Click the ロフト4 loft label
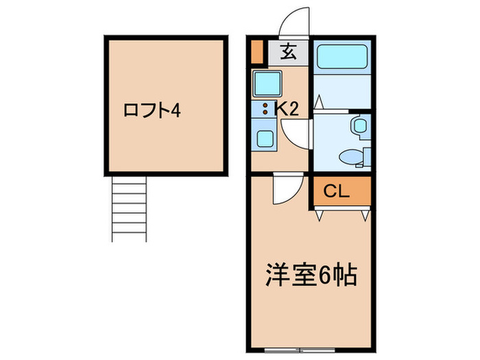click(x=152, y=110)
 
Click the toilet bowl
click(x=352, y=156)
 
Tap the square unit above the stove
click(x=265, y=84)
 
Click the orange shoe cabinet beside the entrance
click(x=256, y=53)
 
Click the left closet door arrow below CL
click(x=320, y=215)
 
